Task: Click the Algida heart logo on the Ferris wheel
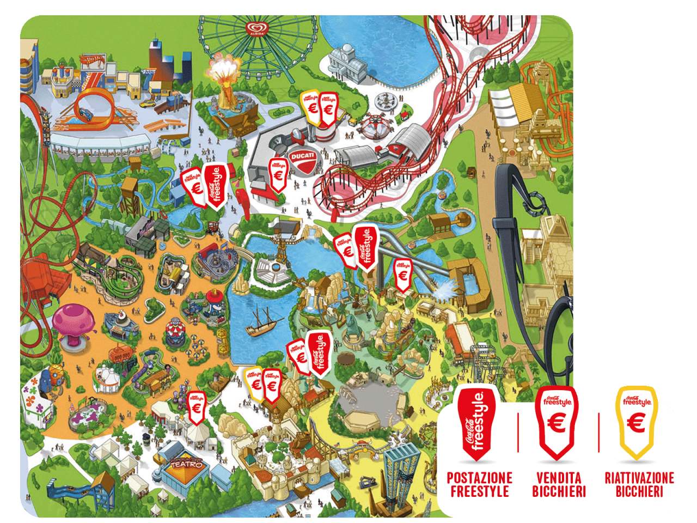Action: pos(255,28)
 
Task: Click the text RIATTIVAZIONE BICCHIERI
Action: pos(639,485)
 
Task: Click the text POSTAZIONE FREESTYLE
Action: pos(480,485)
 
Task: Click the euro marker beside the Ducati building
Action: pos(278,175)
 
